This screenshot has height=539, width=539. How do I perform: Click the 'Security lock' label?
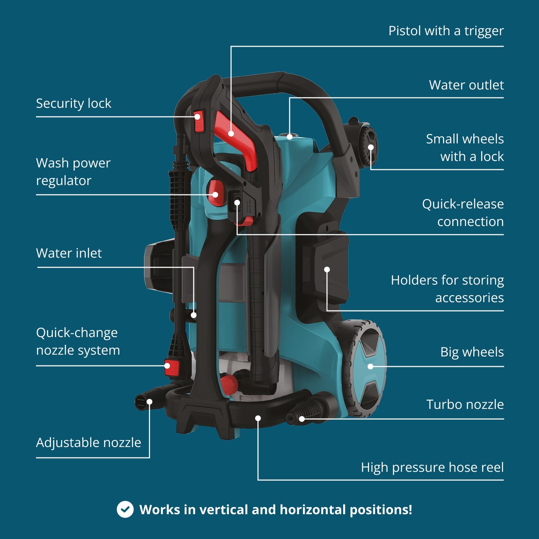(74, 103)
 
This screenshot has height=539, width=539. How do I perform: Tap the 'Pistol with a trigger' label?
(446, 31)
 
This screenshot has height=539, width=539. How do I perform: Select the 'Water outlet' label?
(466, 85)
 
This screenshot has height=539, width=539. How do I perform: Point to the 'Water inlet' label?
(69, 253)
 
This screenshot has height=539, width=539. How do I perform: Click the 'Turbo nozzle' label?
(465, 405)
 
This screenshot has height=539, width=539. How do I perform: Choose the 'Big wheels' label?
(472, 352)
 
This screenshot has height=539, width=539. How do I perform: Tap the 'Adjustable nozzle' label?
(88, 443)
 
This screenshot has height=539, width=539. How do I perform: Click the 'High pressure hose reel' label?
(432, 467)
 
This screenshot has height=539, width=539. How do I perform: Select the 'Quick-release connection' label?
(463, 213)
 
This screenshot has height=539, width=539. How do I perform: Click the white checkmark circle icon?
(125, 510)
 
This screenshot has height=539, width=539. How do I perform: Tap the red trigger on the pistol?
(237, 140)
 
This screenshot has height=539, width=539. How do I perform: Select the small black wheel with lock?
(368, 142)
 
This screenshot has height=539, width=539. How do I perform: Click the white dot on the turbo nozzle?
(302, 419)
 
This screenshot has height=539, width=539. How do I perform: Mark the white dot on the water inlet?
(194, 315)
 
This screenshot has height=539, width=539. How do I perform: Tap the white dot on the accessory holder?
(327, 269)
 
